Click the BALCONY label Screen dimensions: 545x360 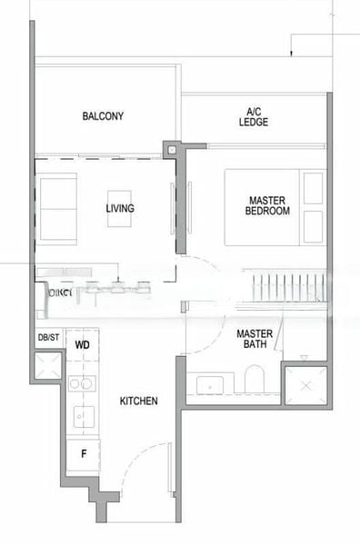tap(103, 116)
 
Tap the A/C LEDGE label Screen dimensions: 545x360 tap(254, 116)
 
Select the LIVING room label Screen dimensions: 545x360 tap(120, 209)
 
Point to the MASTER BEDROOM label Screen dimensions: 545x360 tap(267, 204)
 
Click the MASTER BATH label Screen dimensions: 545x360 tap(255, 339)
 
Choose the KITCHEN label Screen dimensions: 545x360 tap(138, 401)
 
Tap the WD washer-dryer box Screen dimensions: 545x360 tap(83, 346)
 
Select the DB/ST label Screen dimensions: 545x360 tap(48, 338)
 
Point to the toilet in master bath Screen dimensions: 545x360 tap(254, 380)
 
